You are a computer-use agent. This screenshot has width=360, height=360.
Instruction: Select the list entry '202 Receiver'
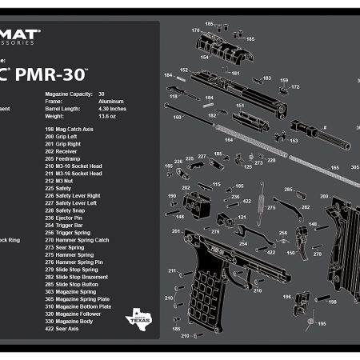(x=64, y=150)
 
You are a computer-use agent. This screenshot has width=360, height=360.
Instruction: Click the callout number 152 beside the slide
(x=184, y=70)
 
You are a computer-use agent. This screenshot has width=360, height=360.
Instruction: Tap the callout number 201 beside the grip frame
(x=174, y=231)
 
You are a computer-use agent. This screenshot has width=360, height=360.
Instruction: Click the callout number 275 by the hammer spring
(x=271, y=208)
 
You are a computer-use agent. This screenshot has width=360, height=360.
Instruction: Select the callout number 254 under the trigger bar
(x=243, y=243)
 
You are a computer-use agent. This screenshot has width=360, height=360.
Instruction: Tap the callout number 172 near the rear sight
(x=295, y=86)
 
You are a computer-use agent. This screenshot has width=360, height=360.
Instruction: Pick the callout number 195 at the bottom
(x=322, y=324)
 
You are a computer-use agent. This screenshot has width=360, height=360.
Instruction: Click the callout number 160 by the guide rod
(x=178, y=118)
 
